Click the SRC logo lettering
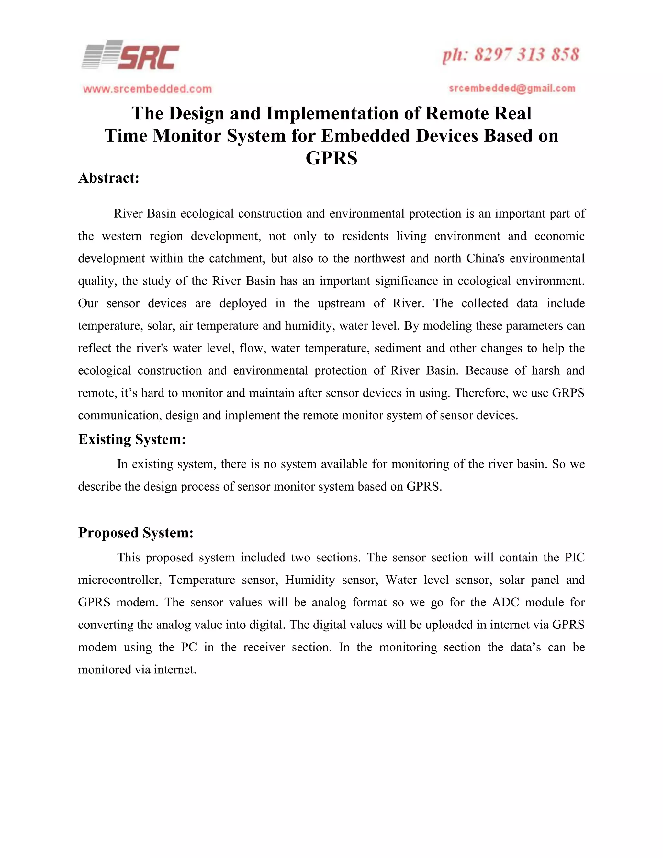coord(149,57)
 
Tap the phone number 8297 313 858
coord(526,55)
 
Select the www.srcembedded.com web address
coord(147,89)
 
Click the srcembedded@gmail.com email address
coord(512,88)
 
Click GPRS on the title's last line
coord(331,158)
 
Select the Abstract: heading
coord(109,178)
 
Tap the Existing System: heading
coord(131,439)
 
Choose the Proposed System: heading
coord(136,533)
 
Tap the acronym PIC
coord(575,558)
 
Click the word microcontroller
coord(120,580)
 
